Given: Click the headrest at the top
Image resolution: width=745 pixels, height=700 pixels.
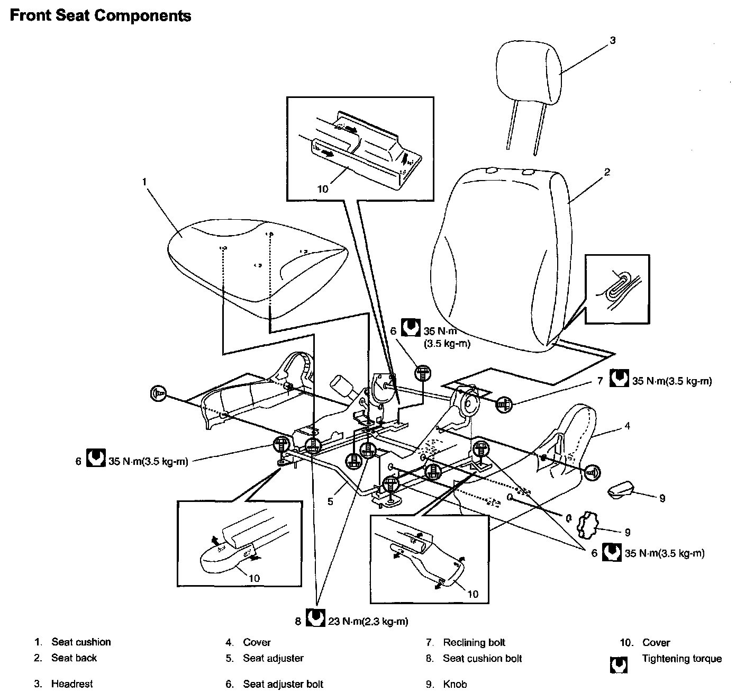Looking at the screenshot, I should [x=529, y=74].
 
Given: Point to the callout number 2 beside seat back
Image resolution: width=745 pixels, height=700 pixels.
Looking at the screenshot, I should [x=607, y=172].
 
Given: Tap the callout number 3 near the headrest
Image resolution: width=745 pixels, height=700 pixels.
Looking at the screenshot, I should [x=613, y=40].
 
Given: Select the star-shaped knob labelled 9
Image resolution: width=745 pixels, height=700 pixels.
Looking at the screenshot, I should [x=585, y=524].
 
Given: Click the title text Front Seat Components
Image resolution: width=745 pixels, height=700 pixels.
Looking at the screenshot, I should [x=101, y=16].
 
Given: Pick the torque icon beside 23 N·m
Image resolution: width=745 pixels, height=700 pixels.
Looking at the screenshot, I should [x=315, y=619].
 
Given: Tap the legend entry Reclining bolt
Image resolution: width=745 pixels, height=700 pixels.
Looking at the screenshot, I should [x=474, y=643].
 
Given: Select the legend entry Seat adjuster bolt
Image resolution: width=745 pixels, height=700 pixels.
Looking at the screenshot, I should [x=283, y=684].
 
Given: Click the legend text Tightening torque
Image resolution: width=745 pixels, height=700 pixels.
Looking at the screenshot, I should [x=682, y=659].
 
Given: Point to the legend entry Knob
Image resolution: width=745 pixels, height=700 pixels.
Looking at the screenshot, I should [x=455, y=684].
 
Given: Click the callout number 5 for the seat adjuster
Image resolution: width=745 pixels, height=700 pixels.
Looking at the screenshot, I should [x=331, y=501].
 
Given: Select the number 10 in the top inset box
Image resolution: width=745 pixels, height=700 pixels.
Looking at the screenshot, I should [x=323, y=189].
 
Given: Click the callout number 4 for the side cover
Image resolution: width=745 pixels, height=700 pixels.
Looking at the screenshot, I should [x=627, y=425].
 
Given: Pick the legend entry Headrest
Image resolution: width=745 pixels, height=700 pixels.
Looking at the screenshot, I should [x=72, y=684].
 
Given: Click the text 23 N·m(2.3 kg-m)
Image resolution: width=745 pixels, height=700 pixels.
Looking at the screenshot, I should [x=368, y=621].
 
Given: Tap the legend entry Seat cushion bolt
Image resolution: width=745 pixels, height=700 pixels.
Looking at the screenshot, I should [x=482, y=659].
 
